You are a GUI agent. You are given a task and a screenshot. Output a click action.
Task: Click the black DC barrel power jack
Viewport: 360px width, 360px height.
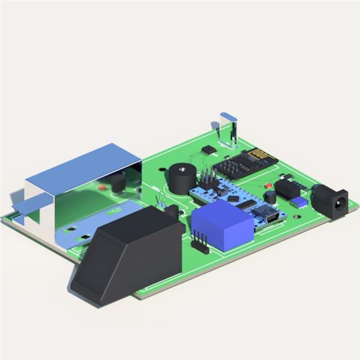click(x=331, y=200)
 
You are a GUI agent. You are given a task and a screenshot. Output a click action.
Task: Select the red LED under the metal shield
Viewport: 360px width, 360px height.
click(x=101, y=187)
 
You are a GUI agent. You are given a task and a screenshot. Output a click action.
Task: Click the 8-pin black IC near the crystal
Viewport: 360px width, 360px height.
click(x=208, y=149)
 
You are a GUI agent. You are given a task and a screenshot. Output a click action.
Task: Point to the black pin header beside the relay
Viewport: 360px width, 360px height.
click(x=200, y=243)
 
